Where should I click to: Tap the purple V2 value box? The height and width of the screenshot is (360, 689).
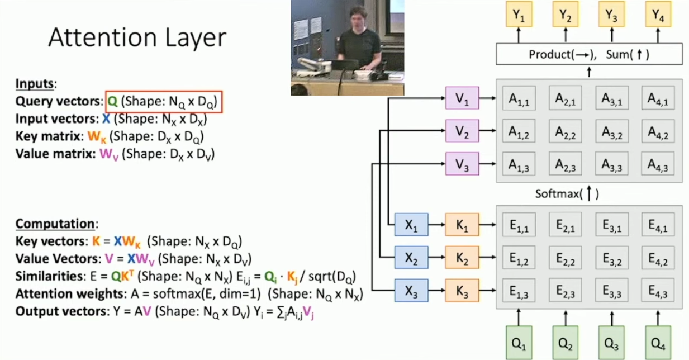click(462, 132)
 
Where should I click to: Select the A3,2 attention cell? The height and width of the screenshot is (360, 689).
click(611, 132)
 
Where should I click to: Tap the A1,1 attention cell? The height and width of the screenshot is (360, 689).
click(519, 100)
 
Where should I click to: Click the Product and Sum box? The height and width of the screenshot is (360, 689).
click(589, 55)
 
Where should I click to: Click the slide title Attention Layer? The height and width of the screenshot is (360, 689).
click(137, 37)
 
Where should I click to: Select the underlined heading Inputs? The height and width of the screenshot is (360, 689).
click(34, 84)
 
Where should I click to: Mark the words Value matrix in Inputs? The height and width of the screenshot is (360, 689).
click(55, 153)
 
